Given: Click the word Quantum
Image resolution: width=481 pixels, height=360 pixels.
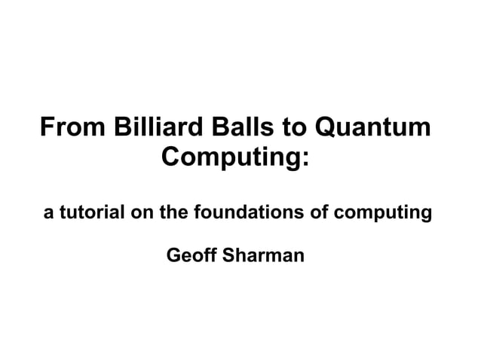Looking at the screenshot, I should (x=373, y=127).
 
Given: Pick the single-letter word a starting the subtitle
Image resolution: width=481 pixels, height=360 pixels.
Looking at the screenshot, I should (x=48, y=214).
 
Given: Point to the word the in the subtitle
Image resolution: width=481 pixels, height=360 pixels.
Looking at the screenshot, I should (x=173, y=213).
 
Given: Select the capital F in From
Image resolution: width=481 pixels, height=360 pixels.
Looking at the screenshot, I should (x=47, y=127).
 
